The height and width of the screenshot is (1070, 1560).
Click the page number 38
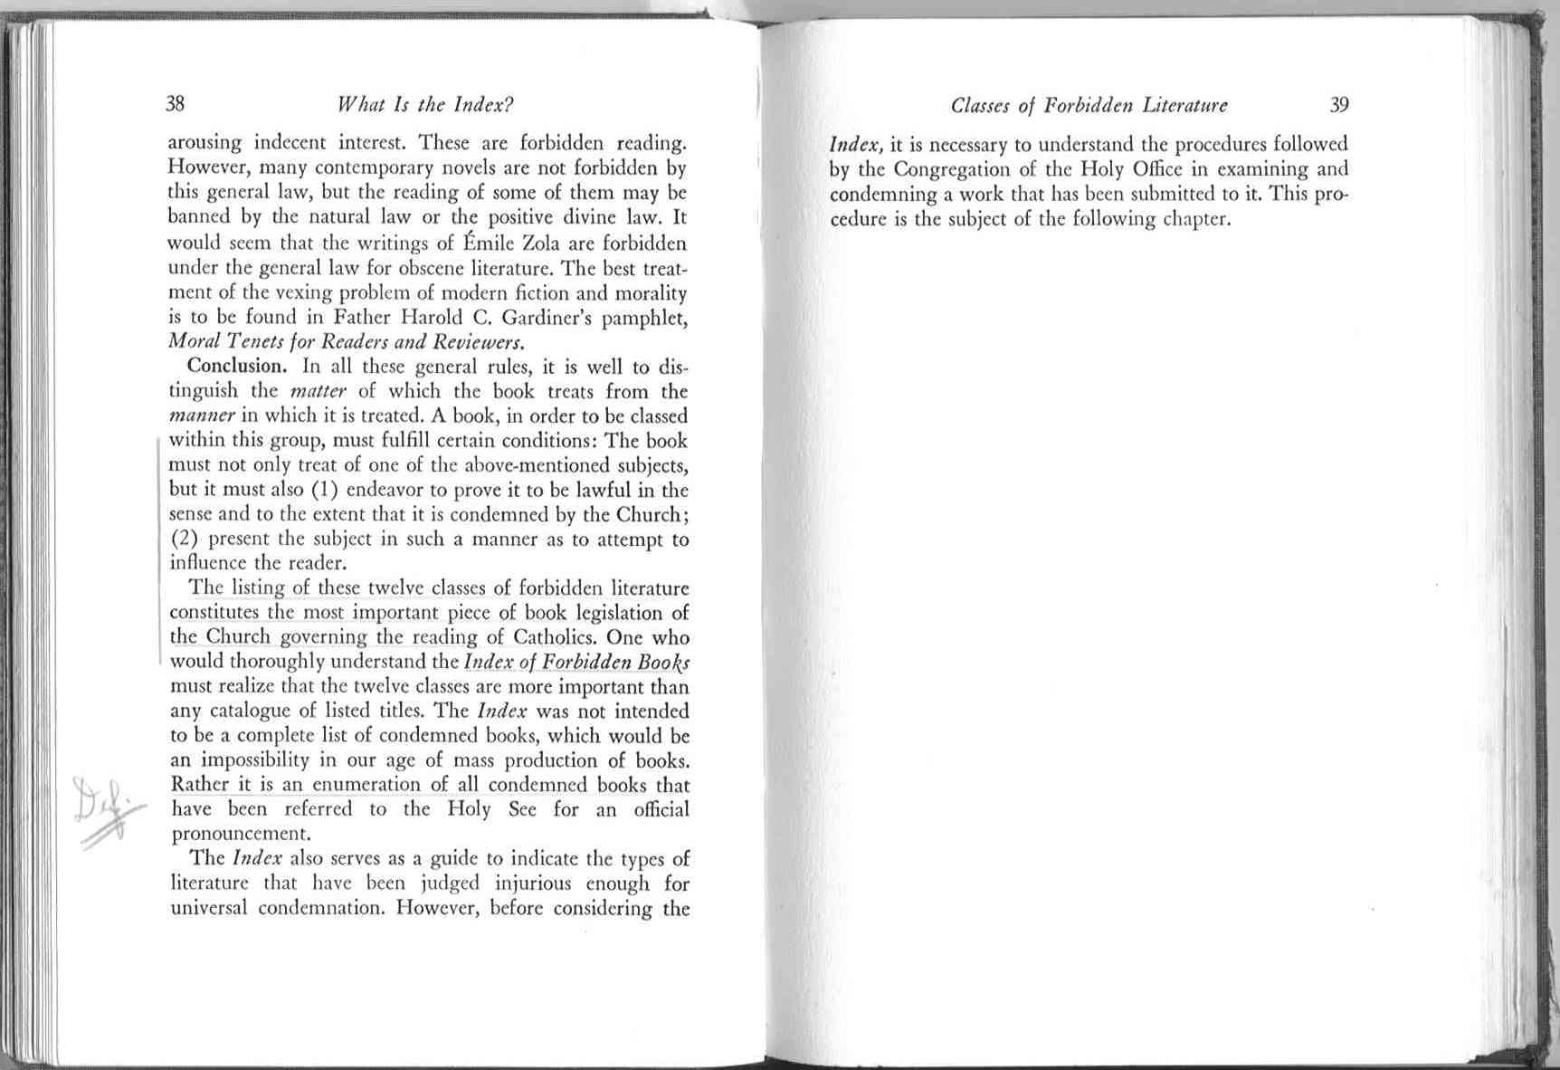point(176,103)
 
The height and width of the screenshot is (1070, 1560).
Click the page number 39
point(1339,104)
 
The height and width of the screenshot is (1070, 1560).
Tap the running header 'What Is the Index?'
point(425,104)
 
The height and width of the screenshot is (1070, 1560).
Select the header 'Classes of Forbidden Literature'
point(1089,105)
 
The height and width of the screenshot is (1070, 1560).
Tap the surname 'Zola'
point(541,244)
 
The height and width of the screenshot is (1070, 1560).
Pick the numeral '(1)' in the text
point(325,490)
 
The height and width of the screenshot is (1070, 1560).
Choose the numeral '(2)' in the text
point(185,540)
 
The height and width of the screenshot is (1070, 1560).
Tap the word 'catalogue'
point(252,712)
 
